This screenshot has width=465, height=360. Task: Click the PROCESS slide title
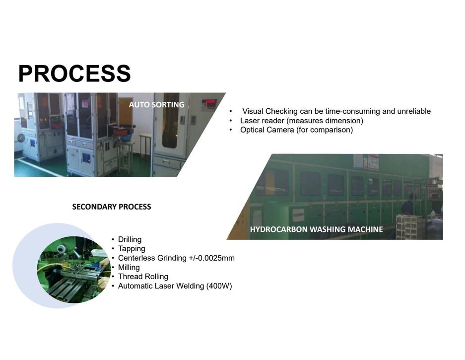(x=74, y=73)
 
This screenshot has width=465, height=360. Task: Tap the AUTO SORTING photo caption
(x=157, y=105)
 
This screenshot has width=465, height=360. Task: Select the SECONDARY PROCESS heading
(x=112, y=207)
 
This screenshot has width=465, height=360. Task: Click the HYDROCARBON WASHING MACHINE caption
(x=317, y=229)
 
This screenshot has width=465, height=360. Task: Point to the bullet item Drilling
(x=130, y=239)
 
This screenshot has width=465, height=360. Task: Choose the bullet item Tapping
(x=132, y=249)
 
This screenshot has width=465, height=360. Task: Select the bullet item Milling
(x=129, y=268)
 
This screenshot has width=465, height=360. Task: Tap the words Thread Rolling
(x=143, y=277)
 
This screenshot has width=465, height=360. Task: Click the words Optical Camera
(x=267, y=130)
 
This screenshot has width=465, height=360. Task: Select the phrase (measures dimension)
(x=325, y=121)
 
